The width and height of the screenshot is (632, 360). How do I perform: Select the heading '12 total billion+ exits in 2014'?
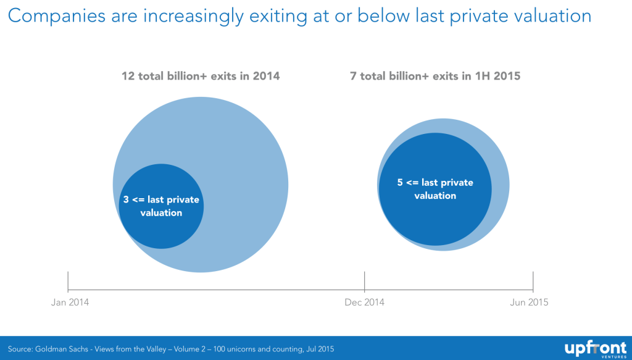coord(201,77)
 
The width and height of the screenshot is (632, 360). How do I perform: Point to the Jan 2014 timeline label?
coord(69,303)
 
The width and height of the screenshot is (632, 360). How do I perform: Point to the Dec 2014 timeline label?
coord(364,303)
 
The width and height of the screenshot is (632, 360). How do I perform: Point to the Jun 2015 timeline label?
coord(528,303)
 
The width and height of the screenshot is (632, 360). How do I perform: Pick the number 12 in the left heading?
coord(128,77)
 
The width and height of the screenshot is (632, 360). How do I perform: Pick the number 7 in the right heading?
coord(354,77)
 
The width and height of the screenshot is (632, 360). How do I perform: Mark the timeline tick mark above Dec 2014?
coord(365,282)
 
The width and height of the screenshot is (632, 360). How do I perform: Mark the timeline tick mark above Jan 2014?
coord(67,282)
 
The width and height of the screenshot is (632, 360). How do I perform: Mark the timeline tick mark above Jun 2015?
coord(533,282)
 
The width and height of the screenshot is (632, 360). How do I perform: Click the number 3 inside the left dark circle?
coord(126,200)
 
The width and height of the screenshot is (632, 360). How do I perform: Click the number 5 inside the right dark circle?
coord(400,183)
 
